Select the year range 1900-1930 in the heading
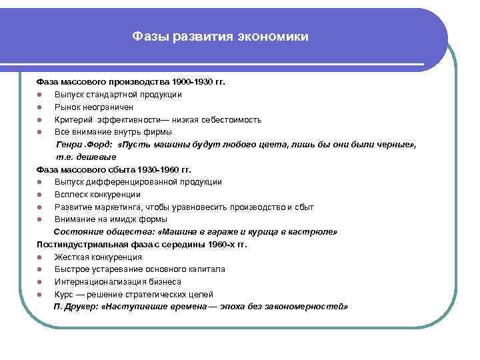[x=192, y=82]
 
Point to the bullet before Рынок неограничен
[x=41, y=107]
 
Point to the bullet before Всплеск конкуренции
[x=41, y=195]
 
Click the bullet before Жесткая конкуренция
[x=41, y=257]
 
